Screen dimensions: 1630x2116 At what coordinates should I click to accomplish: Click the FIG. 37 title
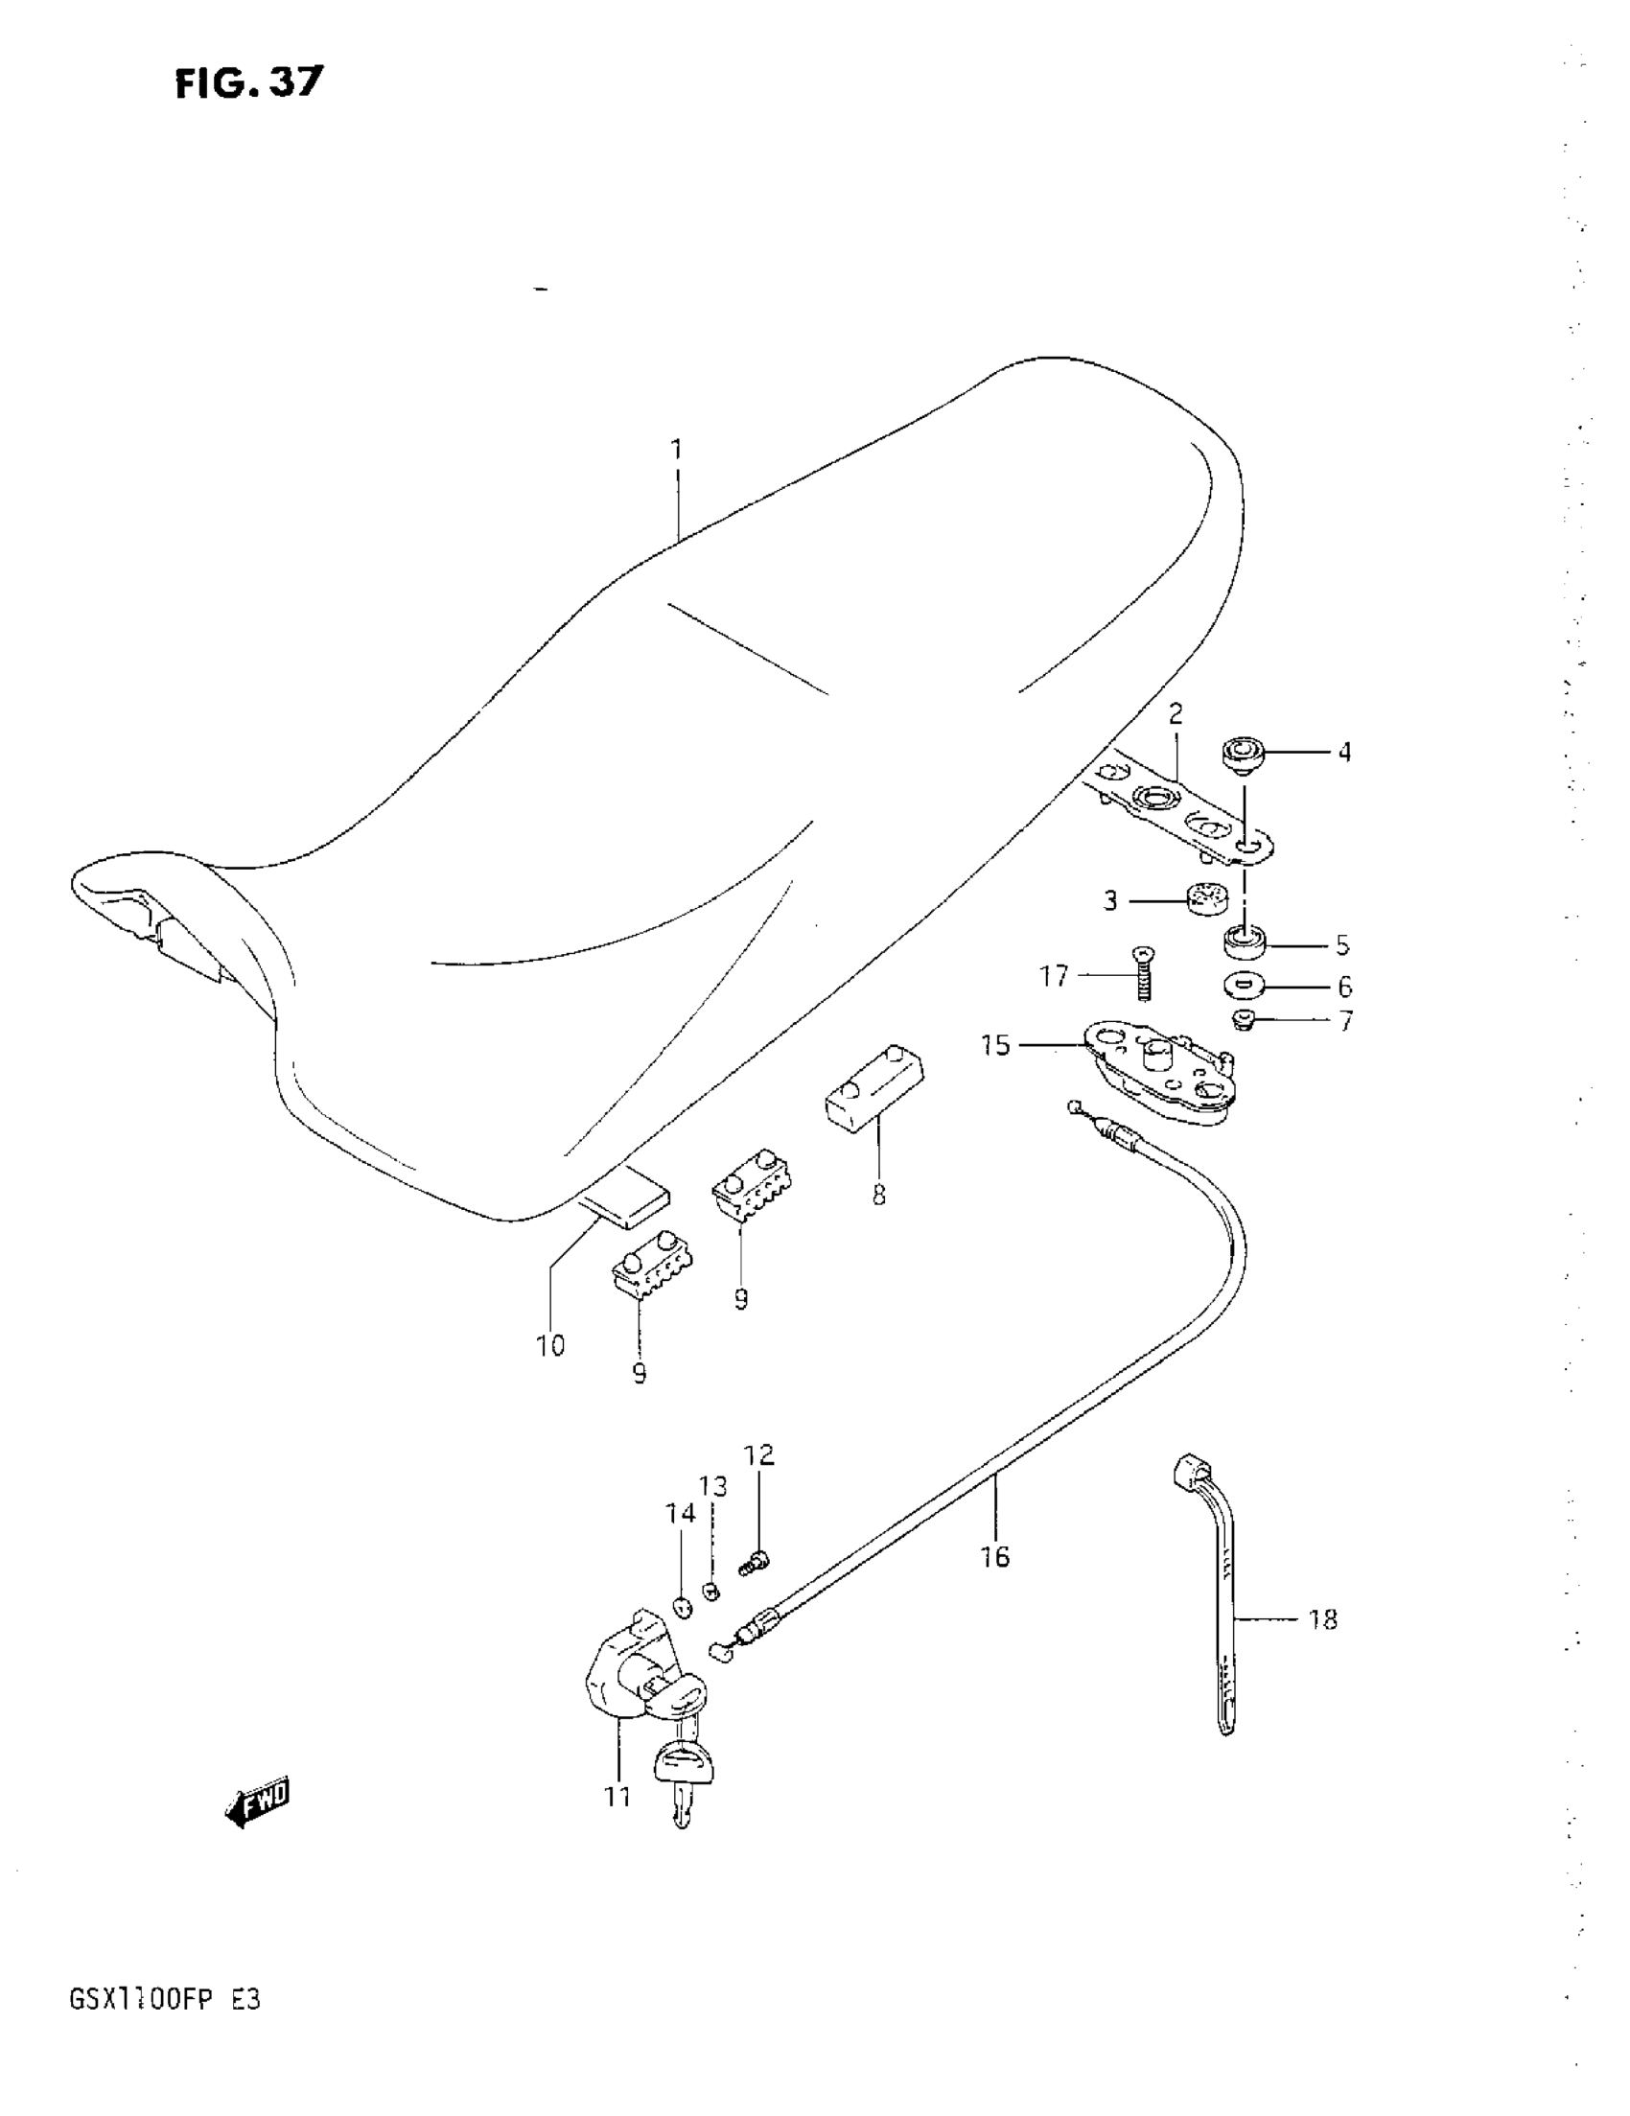coord(249,83)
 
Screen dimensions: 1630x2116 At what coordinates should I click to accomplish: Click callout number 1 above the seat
coord(676,450)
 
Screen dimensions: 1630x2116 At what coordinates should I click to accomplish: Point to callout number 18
coord(1323,1619)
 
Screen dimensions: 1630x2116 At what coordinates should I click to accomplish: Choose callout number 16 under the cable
coord(995,1557)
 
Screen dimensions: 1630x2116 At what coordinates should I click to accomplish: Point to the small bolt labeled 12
coord(755,1562)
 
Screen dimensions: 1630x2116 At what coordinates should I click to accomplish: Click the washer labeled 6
coord(1245,987)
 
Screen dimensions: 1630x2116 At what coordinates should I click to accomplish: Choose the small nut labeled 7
coord(1245,1020)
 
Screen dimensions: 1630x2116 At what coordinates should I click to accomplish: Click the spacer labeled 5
coord(1245,941)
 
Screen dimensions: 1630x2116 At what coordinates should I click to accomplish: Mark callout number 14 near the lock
coord(681,1512)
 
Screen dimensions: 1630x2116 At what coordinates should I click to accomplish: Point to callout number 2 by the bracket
coord(1176,714)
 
